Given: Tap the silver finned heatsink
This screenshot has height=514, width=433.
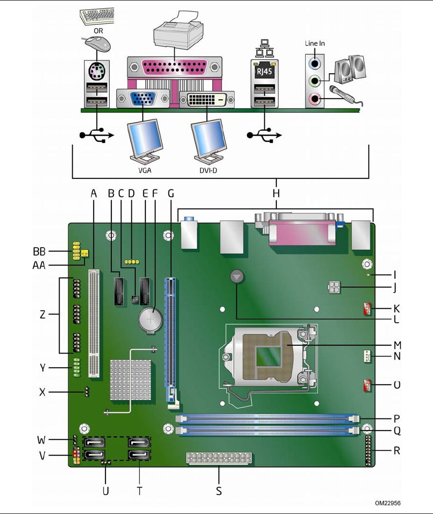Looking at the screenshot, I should tap(131, 380).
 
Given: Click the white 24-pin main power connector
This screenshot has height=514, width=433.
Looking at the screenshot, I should tap(219, 459).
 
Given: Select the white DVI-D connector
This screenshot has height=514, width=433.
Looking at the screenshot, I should tap(206, 100).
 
